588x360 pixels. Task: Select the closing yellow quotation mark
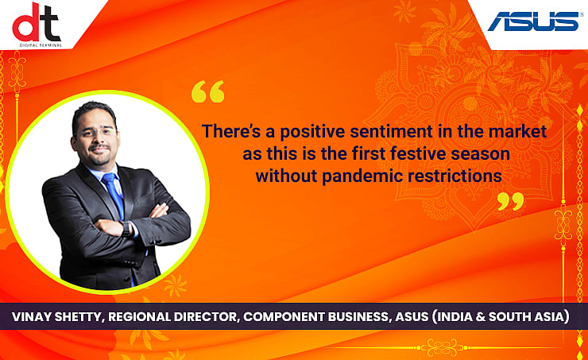tap(510, 201)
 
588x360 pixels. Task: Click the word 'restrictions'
tap(452, 176)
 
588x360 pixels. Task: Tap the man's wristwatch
tap(130, 228)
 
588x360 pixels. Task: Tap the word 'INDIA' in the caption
tap(461, 317)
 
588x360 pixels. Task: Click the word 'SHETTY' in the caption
tap(83, 317)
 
